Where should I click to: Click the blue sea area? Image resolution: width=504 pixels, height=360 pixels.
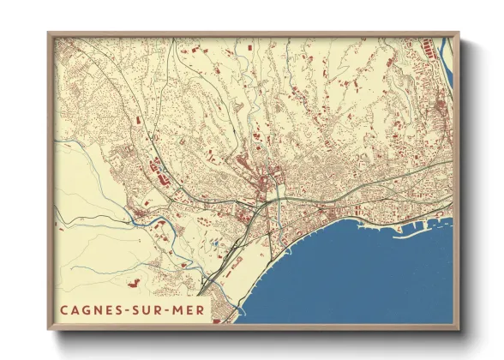coord(360,274)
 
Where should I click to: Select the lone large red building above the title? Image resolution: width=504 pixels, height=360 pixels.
coord(133,280)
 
